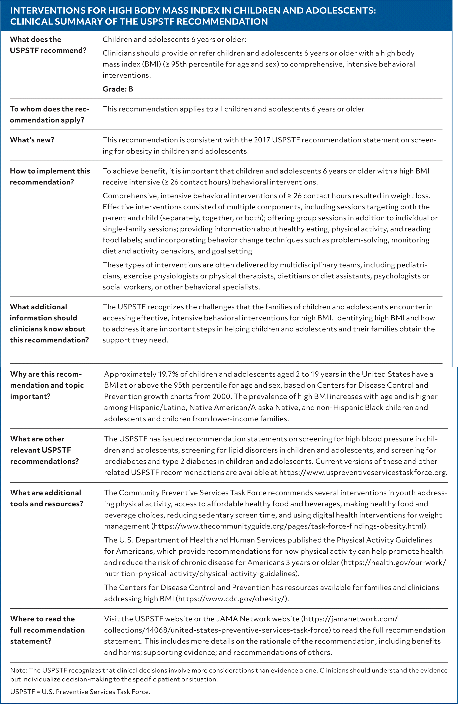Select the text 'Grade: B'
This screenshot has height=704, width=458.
click(118, 89)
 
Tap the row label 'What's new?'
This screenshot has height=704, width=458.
click(32, 140)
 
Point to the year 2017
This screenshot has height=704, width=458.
click(262, 140)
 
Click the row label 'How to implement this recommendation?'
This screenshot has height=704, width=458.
click(50, 177)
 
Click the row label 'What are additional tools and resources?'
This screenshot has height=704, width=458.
click(46, 498)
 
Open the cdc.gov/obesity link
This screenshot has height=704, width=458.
click(232, 599)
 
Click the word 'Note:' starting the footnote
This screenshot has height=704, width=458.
click(19, 670)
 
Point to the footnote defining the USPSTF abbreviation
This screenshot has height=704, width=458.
click(80, 692)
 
